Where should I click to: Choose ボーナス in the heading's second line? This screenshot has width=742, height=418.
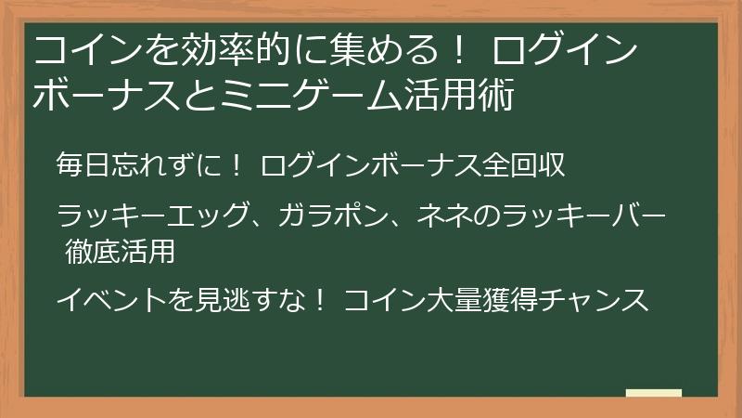(102, 96)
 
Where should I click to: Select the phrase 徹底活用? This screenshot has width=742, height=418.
(121, 250)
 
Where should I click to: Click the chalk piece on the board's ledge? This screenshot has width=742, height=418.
(654, 393)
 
